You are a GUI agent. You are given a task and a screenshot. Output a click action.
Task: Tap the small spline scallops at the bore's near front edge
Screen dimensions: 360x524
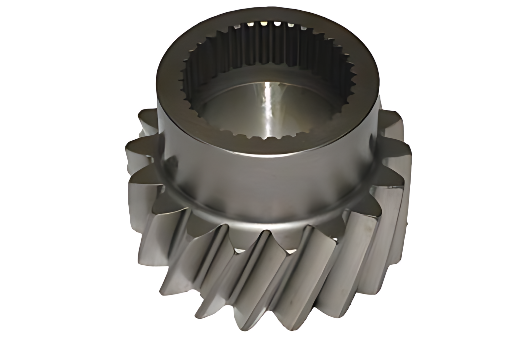(265, 136)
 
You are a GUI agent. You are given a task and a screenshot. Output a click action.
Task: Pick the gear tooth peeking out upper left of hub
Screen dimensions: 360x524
(146, 119)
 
